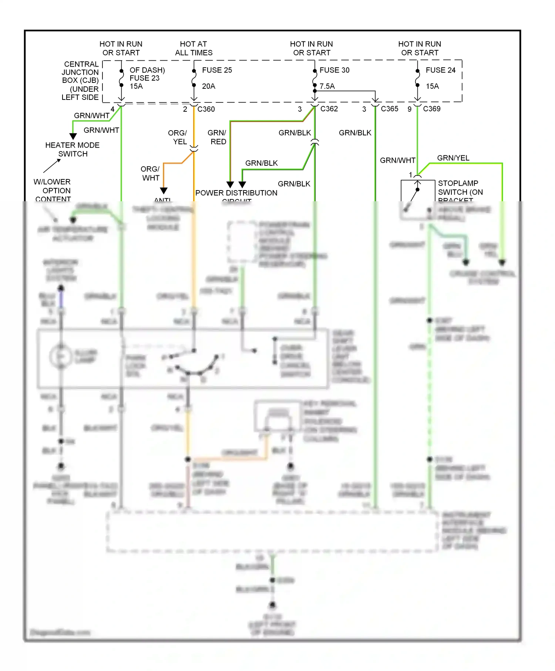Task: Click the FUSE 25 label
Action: [217, 70]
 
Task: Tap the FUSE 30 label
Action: [334, 70]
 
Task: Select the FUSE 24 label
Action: [440, 70]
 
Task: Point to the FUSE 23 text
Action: [144, 78]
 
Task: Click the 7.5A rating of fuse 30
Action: [327, 86]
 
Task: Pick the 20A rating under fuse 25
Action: [209, 86]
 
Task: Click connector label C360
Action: [206, 109]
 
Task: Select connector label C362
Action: [329, 109]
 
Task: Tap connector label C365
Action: [390, 109]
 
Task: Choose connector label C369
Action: [431, 109]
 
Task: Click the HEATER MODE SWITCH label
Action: [73, 149]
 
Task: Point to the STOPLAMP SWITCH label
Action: [460, 188]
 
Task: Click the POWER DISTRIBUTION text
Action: [236, 193]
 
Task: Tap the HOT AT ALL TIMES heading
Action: [194, 48]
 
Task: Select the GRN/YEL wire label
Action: [453, 158]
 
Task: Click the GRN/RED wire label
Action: [217, 137]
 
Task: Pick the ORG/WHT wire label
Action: [150, 173]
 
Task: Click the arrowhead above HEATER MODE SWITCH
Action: [73, 136]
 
